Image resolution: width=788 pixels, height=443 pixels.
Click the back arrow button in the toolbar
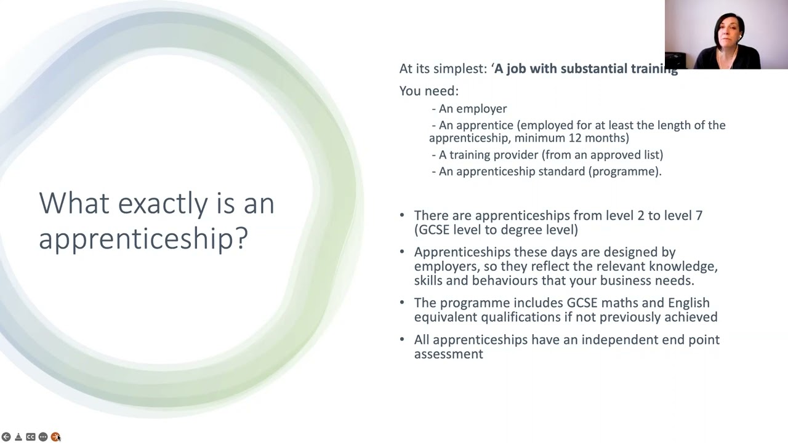[x=6, y=437]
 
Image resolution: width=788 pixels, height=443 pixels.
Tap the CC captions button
[x=30, y=437]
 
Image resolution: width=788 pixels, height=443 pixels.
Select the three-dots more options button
[x=42, y=437]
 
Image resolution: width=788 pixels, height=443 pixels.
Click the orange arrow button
[x=55, y=437]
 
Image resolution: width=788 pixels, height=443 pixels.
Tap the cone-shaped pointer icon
[x=18, y=437]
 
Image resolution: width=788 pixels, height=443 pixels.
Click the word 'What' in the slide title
[x=74, y=203]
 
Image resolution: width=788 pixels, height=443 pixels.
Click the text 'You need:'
[x=429, y=91]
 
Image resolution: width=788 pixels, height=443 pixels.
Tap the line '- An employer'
[x=469, y=109]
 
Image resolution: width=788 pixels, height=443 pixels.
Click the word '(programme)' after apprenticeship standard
[x=625, y=172]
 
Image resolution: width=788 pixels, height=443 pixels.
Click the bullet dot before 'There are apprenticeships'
[x=402, y=215]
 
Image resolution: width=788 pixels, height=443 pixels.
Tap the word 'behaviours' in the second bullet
[x=501, y=281]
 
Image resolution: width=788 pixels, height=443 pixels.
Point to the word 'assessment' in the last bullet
[x=448, y=354]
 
